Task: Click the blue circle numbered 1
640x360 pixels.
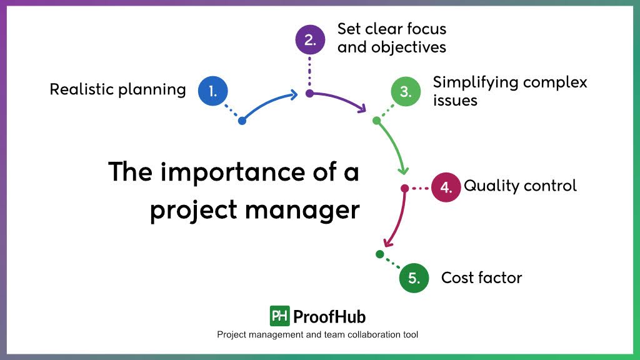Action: click(213, 91)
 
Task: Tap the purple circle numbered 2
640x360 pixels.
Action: click(310, 39)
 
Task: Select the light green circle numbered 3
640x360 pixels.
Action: click(406, 92)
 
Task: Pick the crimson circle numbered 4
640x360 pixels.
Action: click(446, 187)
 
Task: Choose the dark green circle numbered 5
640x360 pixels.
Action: click(414, 277)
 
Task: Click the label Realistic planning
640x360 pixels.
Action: click(117, 89)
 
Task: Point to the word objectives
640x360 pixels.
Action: click(392, 47)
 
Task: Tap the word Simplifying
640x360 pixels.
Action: click(475, 82)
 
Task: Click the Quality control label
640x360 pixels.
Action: click(520, 186)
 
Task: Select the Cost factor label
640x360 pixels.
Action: click(481, 277)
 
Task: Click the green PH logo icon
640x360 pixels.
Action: click(279, 316)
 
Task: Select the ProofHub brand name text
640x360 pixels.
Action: click(329, 316)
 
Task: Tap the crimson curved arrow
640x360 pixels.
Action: click(399, 219)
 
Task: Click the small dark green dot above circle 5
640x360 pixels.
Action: click(379, 254)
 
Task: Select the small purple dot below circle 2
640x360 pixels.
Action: click(309, 94)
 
